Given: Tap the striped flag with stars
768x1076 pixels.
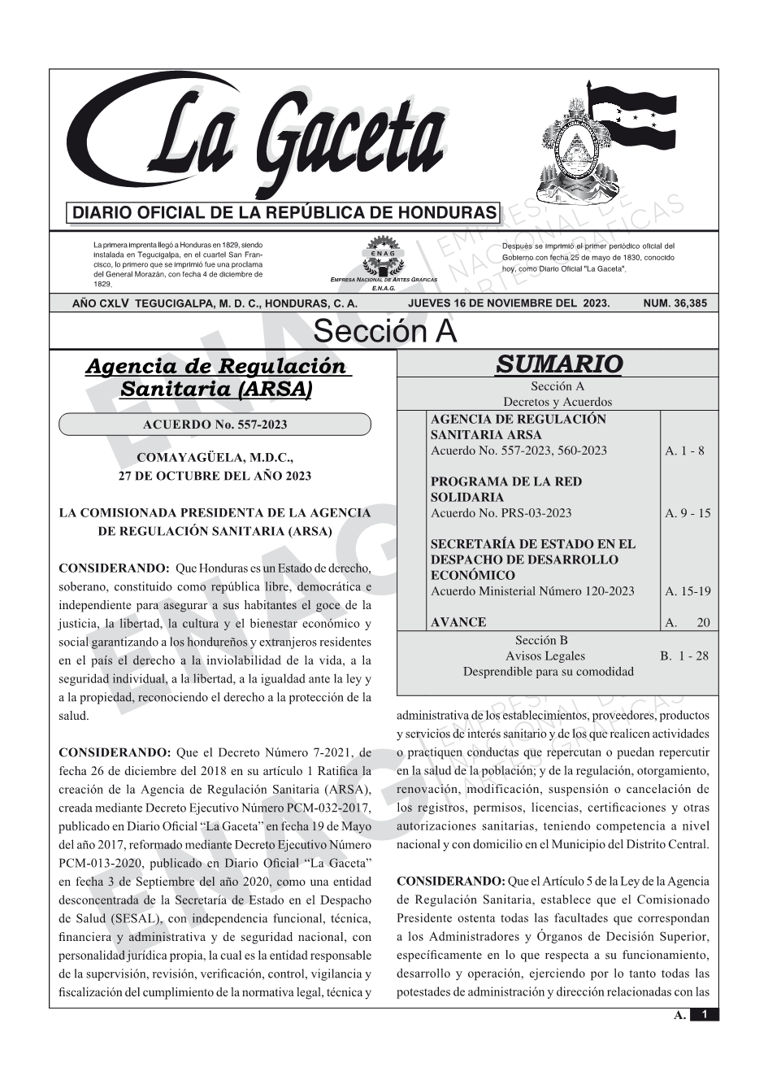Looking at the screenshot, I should tap(630, 118).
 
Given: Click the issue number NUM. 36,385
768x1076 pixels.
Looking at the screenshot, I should tap(675, 303).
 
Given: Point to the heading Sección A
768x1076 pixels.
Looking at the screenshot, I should tap(384, 332).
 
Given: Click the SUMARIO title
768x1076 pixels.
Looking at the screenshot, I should tap(558, 364).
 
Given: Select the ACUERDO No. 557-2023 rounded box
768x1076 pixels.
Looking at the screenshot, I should tap(215, 425).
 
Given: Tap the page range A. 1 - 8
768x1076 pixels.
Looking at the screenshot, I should tap(684, 451).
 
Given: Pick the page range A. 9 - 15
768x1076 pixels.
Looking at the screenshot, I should tap(687, 513).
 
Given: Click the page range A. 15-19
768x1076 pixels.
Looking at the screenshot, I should tap(687, 591).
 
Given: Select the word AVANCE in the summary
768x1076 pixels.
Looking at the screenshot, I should tap(458, 622).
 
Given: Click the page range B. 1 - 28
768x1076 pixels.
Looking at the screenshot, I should tap(683, 656).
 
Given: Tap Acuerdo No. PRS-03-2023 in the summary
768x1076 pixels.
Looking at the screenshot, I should tap(501, 513).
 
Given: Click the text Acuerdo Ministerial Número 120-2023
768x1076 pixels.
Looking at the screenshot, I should tap(532, 591).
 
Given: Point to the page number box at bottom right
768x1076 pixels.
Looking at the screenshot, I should tap(704, 1014).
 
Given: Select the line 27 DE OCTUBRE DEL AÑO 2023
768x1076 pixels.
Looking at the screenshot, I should tap(215, 476).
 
